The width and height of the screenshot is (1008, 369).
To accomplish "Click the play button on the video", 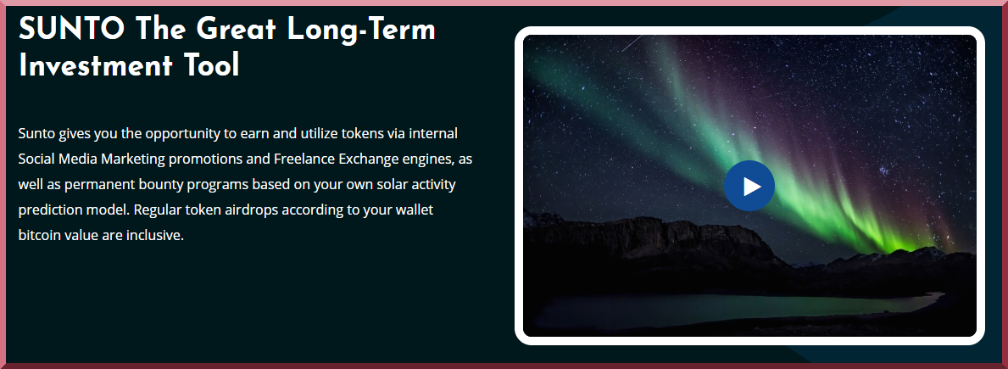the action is [749, 186].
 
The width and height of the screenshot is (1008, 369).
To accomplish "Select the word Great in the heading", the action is [236, 29].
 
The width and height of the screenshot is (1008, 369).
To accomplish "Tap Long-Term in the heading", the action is [361, 30].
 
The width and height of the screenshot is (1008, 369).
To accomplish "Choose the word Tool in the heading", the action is [211, 65].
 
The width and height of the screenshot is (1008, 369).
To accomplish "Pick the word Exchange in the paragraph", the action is [366, 159].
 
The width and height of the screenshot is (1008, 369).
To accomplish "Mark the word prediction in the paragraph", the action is [49, 210].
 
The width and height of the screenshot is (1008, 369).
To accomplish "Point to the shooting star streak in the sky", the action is [633, 42].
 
